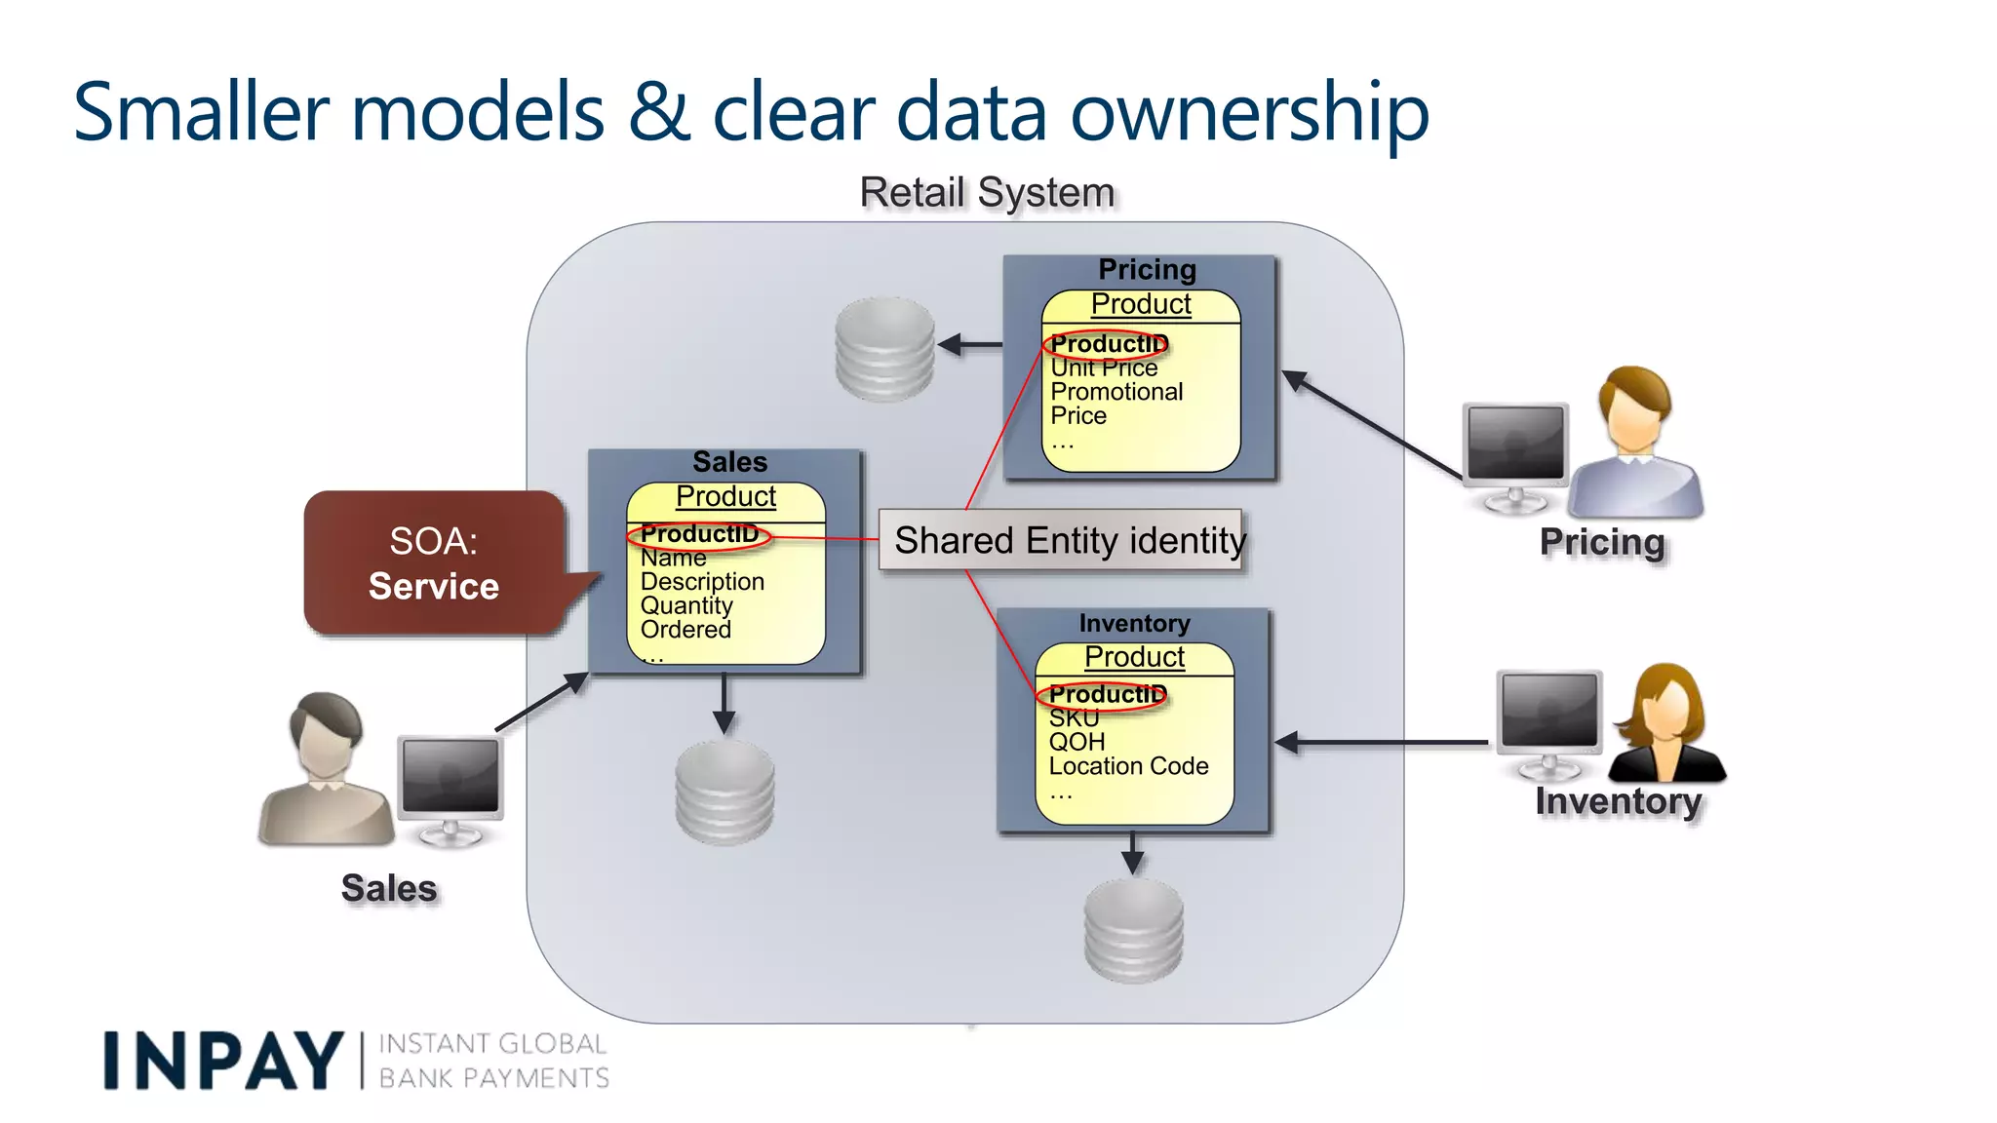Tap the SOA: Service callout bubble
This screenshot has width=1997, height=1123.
tap(434, 563)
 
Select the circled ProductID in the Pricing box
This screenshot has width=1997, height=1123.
tap(1107, 344)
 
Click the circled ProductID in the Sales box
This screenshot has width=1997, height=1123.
tap(698, 534)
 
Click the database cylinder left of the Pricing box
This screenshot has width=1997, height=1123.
tap(884, 349)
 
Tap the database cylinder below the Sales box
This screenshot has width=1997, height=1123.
tap(724, 792)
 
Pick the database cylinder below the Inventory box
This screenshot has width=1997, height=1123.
tap(1133, 931)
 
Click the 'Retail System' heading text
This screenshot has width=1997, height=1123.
tap(987, 193)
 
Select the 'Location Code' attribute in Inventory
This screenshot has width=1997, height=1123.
tap(1128, 766)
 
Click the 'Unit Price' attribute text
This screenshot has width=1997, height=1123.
tap(1104, 368)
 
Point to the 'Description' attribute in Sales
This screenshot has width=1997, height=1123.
tap(702, 582)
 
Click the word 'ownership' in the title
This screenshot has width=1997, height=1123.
tap(1249, 113)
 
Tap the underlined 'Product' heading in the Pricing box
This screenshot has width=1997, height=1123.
tap(1141, 304)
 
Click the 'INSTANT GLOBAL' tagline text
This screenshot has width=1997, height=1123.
tap(492, 1044)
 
